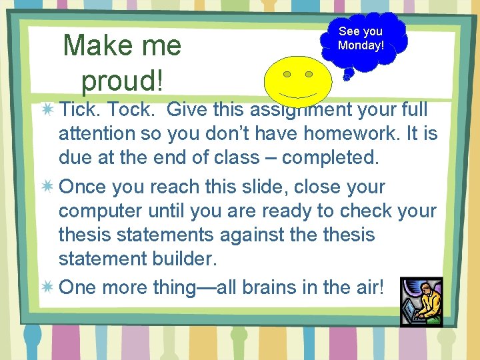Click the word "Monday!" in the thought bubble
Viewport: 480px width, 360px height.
click(361, 45)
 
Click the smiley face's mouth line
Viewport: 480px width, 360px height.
click(297, 93)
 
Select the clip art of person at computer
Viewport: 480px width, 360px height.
click(421, 301)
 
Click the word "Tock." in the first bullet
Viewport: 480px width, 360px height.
click(133, 109)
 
